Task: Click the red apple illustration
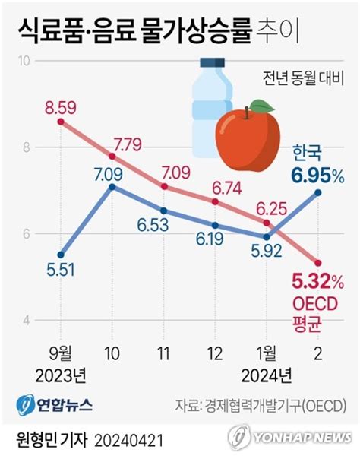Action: click(x=248, y=140)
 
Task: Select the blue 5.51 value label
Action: click(x=59, y=268)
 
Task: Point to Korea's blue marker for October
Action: click(x=112, y=186)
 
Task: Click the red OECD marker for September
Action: click(x=61, y=122)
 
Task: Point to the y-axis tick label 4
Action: click(x=25, y=320)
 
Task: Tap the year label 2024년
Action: click(x=267, y=374)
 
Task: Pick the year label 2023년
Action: click(x=60, y=374)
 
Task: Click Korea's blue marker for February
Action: click(x=318, y=193)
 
